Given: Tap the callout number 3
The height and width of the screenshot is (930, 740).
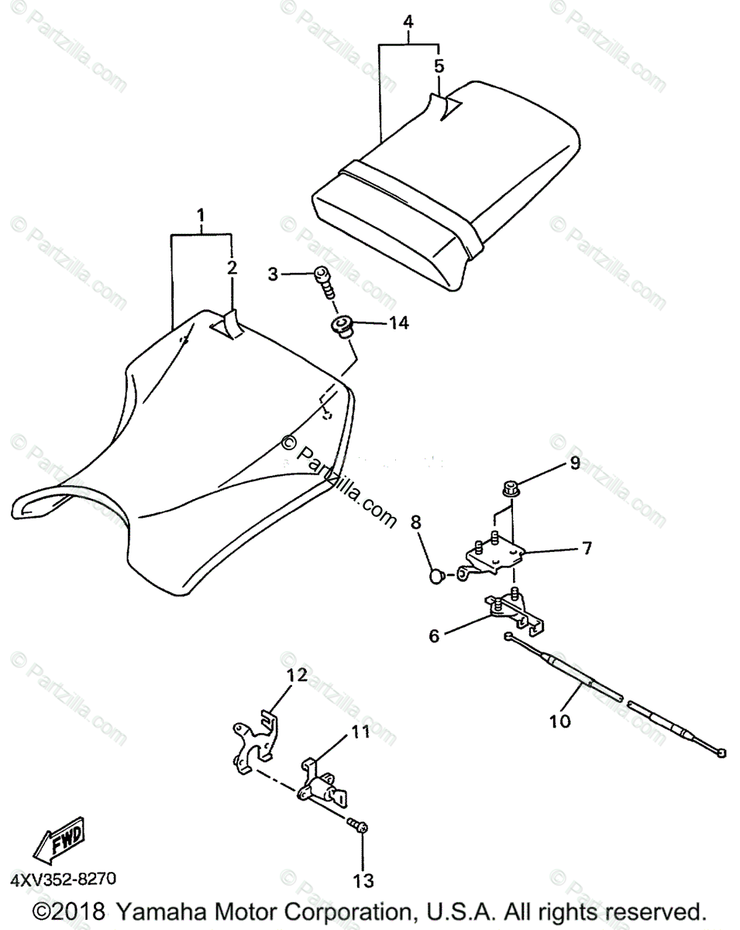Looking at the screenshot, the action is pos(273,274).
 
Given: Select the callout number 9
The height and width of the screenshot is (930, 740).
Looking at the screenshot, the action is pos(574,464).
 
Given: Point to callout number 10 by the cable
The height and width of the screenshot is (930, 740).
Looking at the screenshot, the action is pos(559,721).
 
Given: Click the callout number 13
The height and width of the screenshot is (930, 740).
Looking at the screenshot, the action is pos(363,880).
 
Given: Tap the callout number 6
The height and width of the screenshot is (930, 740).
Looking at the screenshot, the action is pos(434,635).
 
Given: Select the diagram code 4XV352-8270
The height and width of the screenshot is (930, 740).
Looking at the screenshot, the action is pos(63,879).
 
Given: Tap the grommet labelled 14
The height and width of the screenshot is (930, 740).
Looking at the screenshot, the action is pos(342,325).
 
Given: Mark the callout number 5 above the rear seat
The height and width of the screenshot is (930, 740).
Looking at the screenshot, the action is pos(439,66).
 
